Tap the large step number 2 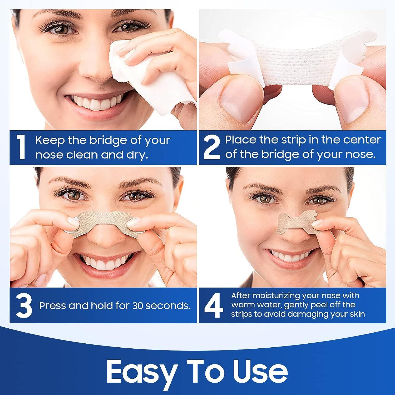[x=212, y=147]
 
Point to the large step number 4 [x=214, y=306]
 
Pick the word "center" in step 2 [x=362, y=140]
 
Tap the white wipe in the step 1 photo [x=147, y=76]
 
